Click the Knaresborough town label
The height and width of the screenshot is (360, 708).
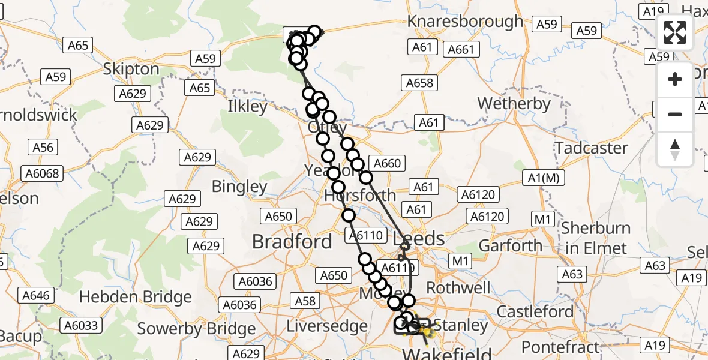(x=465, y=22)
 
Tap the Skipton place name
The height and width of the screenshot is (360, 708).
(x=131, y=69)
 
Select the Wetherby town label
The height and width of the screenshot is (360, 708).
(x=514, y=104)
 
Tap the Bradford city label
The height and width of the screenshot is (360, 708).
(x=292, y=242)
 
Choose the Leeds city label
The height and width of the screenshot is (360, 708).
(x=418, y=238)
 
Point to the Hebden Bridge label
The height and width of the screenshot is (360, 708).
(x=136, y=297)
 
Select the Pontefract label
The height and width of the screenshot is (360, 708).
(x=560, y=347)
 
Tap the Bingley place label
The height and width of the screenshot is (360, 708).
(x=239, y=187)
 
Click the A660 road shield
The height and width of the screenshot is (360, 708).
(x=387, y=163)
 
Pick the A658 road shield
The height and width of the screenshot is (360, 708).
(x=419, y=83)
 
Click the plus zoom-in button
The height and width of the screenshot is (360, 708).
(x=675, y=79)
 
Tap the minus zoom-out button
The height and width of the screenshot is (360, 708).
(x=675, y=114)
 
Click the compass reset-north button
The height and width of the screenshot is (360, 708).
(x=675, y=149)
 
